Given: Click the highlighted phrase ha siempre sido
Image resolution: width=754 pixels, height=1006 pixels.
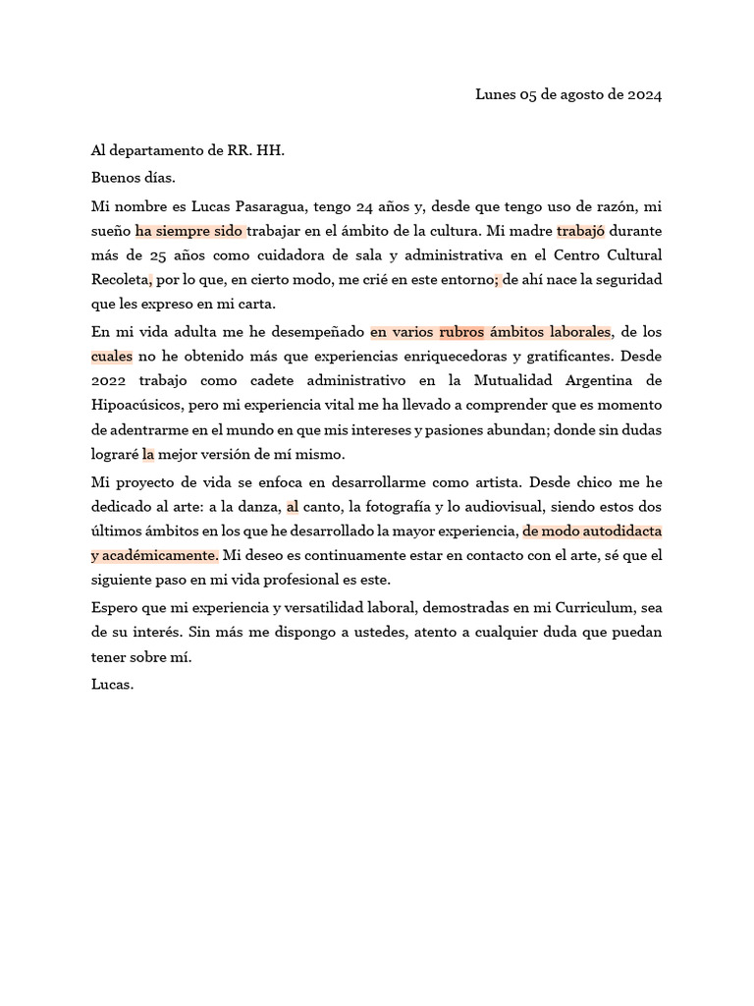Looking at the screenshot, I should (x=189, y=232).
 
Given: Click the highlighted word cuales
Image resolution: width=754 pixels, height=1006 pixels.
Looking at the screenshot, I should (x=111, y=357).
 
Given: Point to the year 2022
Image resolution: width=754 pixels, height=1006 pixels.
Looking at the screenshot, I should (x=110, y=380).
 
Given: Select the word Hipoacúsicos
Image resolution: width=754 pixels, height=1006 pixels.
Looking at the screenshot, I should (x=135, y=405).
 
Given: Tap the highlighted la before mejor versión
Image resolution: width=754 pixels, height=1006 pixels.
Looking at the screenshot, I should (x=148, y=455).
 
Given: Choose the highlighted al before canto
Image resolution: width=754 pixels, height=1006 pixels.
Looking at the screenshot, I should (x=292, y=507).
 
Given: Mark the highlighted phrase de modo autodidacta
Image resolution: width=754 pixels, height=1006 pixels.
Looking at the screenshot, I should (x=592, y=531).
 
